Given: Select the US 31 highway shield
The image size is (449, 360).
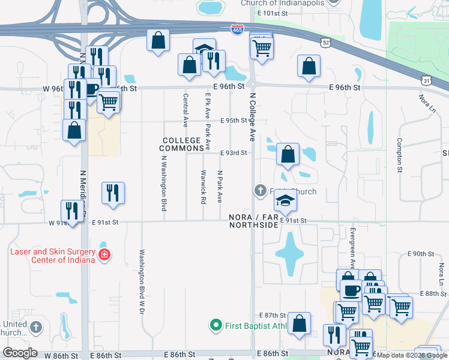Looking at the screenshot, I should pos(425,80).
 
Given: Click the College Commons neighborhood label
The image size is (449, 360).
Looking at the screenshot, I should pos(181,144).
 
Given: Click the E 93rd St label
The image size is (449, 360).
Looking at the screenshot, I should pos(234,153).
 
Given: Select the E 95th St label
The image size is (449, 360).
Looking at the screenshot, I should pos(234,121).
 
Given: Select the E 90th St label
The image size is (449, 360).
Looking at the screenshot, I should pos(419,254).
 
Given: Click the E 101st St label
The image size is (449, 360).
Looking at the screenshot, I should pos(274,13).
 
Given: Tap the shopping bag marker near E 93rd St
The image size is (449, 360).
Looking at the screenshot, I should pos(288,154).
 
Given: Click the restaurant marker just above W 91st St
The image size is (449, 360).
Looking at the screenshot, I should pos(73,211).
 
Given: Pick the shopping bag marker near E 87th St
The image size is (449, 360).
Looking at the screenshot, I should pos(299,323).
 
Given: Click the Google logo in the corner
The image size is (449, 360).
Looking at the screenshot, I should pos(20,353).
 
